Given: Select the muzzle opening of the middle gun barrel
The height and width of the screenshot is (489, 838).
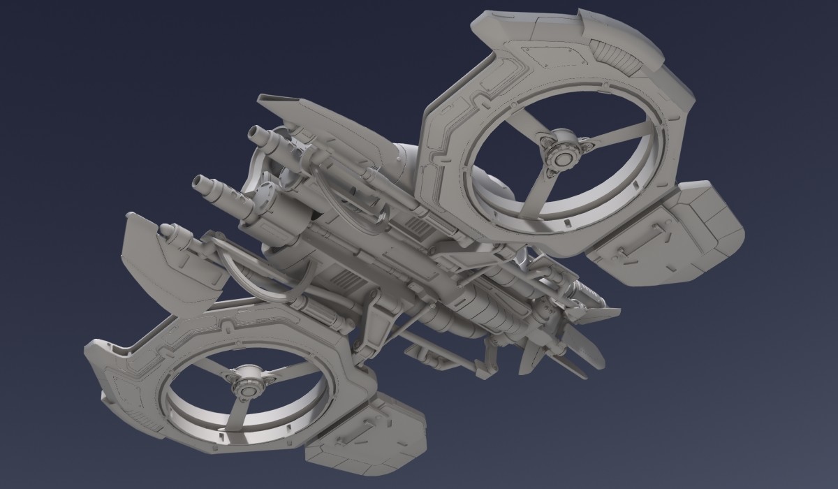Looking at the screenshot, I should [x=198, y=183].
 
